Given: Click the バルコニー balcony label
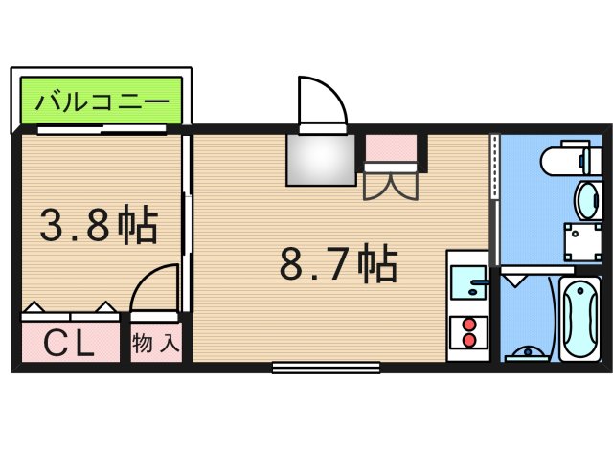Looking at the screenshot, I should (102, 101).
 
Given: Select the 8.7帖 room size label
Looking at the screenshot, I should (337, 263).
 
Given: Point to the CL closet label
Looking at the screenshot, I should (70, 343).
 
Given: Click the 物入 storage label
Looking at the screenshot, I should (156, 343).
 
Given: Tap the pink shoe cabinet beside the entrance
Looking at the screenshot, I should (391, 148).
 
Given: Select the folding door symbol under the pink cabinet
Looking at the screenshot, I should (390, 183).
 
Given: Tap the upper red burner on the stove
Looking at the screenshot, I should (469, 324).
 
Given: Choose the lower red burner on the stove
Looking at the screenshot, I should (469, 340).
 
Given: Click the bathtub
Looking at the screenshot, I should (580, 317).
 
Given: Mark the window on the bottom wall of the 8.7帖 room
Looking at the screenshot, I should (326, 367).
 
